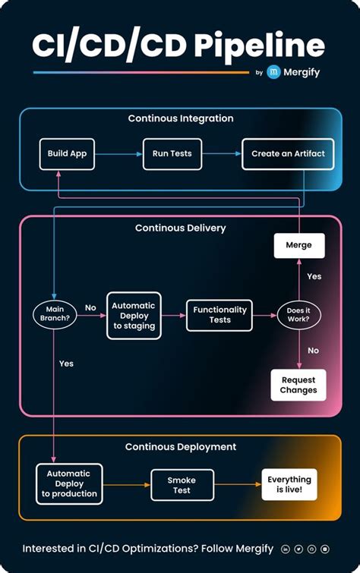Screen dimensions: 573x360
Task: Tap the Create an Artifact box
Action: pyautogui.click(x=288, y=153)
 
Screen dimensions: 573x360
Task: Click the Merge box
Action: pyautogui.click(x=298, y=246)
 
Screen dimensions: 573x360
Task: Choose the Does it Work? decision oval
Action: pyautogui.click(x=298, y=314)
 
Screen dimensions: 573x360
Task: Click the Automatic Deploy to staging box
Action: pyautogui.click(x=134, y=314)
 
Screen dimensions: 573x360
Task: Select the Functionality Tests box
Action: pyautogui.click(x=219, y=314)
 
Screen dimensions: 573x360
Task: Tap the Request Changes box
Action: pyautogui.click(x=298, y=385)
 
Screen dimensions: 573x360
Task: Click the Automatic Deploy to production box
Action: pyautogui.click(x=69, y=483)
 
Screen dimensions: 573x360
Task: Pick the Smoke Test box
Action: pyautogui.click(x=181, y=485)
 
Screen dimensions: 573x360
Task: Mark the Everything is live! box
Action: pyautogui.click(x=289, y=484)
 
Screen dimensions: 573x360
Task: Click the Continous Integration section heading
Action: pyautogui.click(x=180, y=119)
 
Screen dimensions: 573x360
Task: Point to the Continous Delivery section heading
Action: pyautogui.click(x=180, y=228)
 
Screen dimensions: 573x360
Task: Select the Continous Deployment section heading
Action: pyautogui.click(x=180, y=447)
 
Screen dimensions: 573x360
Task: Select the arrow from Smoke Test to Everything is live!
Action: pyautogui.click(x=237, y=485)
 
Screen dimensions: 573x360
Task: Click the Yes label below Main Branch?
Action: pyautogui.click(x=66, y=364)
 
